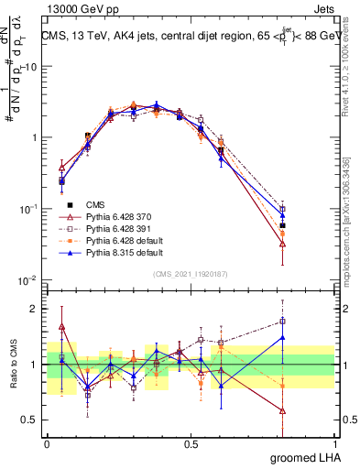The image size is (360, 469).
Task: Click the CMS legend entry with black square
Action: pos(95,204)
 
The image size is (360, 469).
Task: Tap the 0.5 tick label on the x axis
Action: pos(191,442)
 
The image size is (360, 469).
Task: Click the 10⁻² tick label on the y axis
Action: pos(28,280)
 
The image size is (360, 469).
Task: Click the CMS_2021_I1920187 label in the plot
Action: pos(191,274)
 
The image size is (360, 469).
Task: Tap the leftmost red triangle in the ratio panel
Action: pos(61,326)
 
